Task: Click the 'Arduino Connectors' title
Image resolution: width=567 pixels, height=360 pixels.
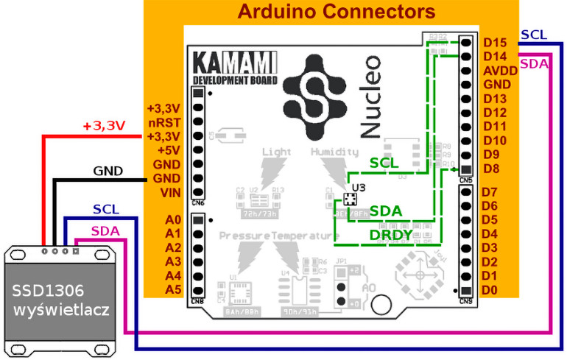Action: [337, 12]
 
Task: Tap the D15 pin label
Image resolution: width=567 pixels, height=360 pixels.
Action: [495, 43]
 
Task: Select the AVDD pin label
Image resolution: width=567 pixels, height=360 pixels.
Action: [499, 71]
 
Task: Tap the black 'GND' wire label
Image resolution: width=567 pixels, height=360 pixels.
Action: [108, 172]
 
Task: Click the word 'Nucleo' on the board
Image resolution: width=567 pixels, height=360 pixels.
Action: [371, 96]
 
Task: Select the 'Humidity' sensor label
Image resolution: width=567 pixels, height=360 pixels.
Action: [336, 152]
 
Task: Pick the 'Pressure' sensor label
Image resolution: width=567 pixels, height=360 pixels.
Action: [244, 236]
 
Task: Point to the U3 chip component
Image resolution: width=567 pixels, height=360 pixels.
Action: [351, 200]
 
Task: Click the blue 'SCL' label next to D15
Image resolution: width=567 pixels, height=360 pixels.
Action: [533, 35]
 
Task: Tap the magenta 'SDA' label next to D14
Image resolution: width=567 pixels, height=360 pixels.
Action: [533, 64]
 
